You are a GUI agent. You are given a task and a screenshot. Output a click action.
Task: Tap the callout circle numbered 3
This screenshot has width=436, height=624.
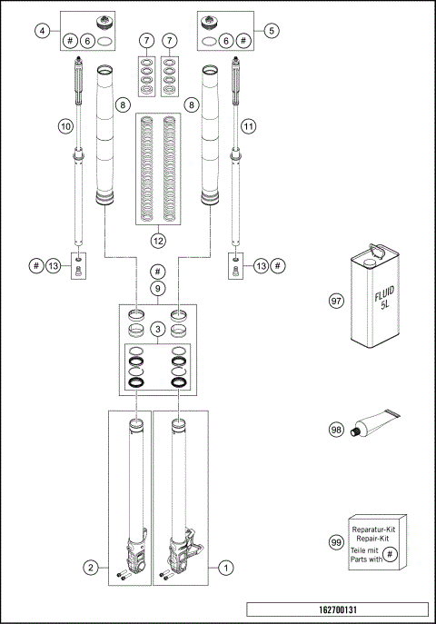158,328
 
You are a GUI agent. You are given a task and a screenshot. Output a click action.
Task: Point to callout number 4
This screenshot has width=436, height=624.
42,30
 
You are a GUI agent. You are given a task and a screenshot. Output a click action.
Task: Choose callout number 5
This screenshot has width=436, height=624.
273,30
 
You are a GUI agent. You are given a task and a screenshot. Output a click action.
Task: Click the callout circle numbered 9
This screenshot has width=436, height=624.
158,288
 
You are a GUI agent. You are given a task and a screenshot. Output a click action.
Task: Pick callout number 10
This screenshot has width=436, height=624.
65,126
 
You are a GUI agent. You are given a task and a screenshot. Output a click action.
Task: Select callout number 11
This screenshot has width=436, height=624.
249,126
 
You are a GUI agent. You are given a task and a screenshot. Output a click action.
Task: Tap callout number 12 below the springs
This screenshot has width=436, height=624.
158,241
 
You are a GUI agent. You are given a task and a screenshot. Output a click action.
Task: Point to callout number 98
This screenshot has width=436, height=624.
336,430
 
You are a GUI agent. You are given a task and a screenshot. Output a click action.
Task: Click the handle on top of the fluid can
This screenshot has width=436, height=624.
377,243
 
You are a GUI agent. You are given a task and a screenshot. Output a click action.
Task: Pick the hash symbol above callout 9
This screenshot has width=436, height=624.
158,272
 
